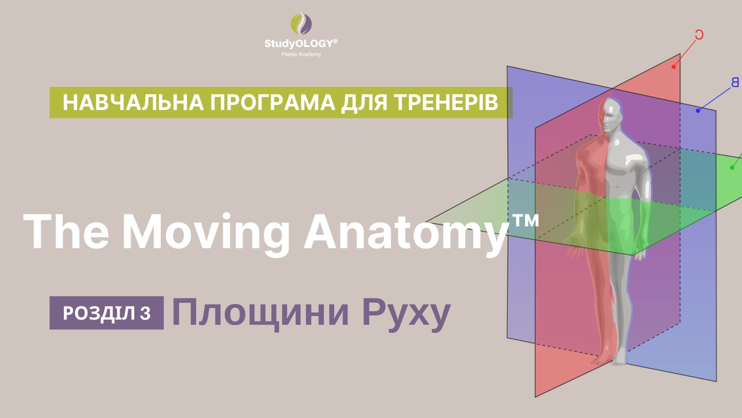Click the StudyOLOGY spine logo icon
[x=301, y=24]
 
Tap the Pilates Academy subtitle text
[x=301, y=55]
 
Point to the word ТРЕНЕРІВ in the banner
[x=446, y=103]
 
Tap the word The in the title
[x=66, y=231]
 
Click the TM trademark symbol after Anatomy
[x=525, y=221]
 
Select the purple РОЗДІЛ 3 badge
[x=107, y=313]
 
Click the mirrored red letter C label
[x=699, y=35]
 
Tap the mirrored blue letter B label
[x=735, y=82]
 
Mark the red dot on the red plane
[x=674, y=67]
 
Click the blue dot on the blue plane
[x=698, y=111]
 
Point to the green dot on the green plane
[x=732, y=168]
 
